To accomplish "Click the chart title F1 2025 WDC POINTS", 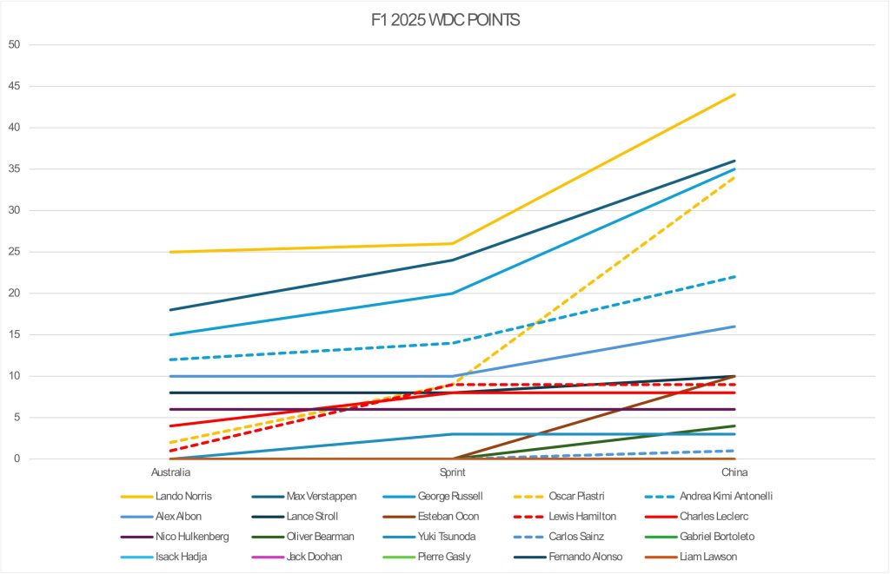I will click(444, 20).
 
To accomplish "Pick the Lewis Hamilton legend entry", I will click(585, 517).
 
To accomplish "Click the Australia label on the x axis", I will click(171, 472).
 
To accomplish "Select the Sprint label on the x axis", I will click(453, 472).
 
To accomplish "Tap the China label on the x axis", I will click(735, 472).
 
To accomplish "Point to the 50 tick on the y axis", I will click(14, 44).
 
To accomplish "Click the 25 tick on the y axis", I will click(14, 252).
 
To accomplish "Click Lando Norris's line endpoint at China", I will click(735, 94).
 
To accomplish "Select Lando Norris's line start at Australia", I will click(171, 252).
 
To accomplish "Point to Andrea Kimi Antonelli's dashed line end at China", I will click(735, 276).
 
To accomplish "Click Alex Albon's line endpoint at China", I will click(735, 327).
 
